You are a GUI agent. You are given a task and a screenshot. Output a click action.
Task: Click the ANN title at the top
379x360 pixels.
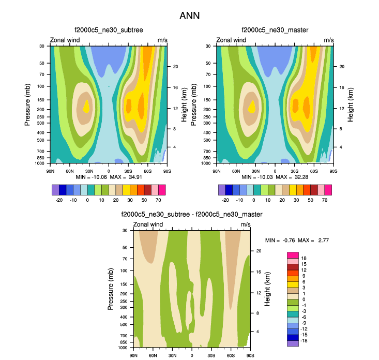(189, 16)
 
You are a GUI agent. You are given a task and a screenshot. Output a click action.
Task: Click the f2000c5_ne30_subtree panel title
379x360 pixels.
(108, 30)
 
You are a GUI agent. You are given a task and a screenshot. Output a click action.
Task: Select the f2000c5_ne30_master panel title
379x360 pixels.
(275, 30)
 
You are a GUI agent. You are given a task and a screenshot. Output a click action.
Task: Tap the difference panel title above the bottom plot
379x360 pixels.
(191, 214)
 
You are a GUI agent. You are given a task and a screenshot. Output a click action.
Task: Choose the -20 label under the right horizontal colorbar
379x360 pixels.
(225, 199)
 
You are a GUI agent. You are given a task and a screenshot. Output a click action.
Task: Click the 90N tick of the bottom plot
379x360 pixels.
(133, 356)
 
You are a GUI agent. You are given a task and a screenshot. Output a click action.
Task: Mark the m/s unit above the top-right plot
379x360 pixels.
(329, 40)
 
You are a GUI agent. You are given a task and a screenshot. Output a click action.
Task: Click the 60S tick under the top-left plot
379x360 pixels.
(147, 171)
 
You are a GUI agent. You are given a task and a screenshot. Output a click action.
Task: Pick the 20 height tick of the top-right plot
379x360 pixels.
(342, 67)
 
